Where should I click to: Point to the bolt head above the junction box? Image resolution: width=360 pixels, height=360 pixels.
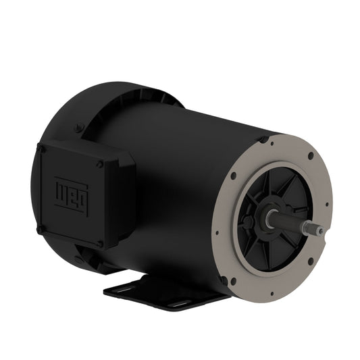coord(80,126)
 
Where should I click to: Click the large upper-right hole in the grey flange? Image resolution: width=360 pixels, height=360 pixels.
coord(310,156)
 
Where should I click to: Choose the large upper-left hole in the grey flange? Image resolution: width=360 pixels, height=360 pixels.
coord(233,177)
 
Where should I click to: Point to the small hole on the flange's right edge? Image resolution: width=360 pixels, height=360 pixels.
coord(327,203)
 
